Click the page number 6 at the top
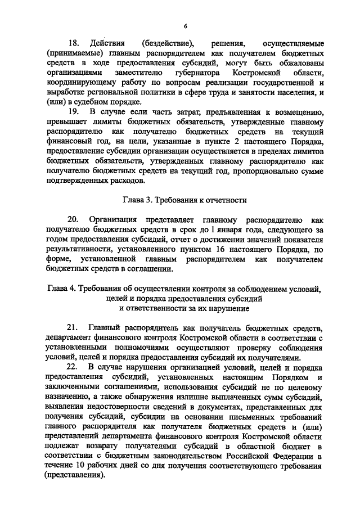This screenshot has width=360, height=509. click(184, 25)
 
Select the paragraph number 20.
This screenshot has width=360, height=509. click(74, 219)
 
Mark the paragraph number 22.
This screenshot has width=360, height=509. click(74, 367)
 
